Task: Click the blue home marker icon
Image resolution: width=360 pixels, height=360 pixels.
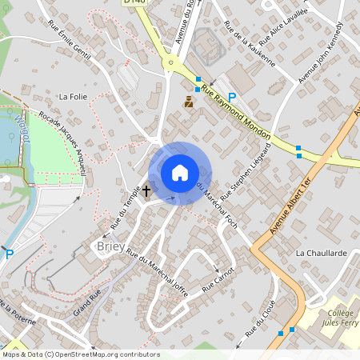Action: [180, 173]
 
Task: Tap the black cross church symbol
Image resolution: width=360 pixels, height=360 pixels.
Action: [146, 191]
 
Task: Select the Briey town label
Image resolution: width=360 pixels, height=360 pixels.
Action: [110, 246]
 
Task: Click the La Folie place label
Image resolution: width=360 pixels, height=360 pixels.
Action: [73, 96]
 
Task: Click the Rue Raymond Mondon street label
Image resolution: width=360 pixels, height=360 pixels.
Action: [237, 111]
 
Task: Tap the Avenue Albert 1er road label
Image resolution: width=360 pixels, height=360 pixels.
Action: [296, 207]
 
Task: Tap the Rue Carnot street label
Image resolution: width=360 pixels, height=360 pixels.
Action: [218, 279]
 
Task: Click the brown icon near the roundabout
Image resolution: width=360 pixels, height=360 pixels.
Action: [189, 102]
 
